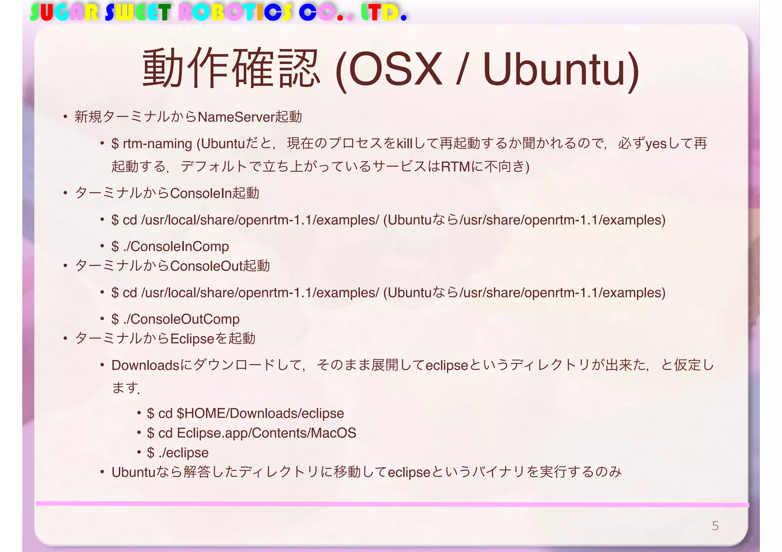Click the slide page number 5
tap(715, 526)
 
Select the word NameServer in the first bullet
tap(236, 117)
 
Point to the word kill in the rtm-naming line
tap(405, 144)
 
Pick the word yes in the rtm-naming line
tap(656, 144)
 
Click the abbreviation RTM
tap(455, 167)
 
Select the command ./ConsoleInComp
tap(176, 246)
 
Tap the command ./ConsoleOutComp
tap(181, 319)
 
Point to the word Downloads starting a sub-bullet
tap(145, 365)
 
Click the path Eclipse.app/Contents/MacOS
tap(267, 433)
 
